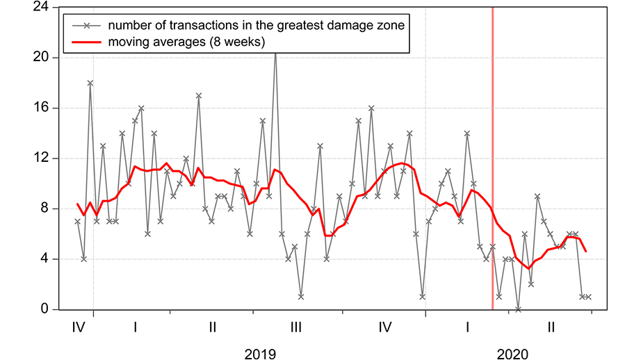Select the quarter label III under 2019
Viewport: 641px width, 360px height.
[295, 326]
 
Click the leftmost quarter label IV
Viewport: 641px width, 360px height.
[78, 326]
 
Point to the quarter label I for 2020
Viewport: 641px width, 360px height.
[468, 326]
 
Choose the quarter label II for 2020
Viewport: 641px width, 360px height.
[551, 326]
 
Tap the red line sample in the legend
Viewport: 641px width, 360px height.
[86, 42]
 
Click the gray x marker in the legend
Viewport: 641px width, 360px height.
[86, 26]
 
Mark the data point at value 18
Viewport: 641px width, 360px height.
[90, 83]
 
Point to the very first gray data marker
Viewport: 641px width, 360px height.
[77, 222]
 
